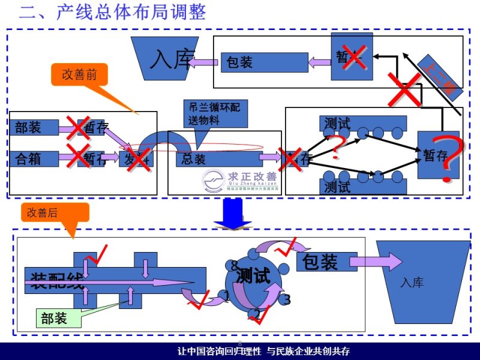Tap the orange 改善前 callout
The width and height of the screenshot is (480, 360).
[x=79, y=74]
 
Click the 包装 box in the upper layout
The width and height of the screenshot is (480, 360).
[x=265, y=62]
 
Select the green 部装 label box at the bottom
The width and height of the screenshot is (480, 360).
[x=58, y=319]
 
